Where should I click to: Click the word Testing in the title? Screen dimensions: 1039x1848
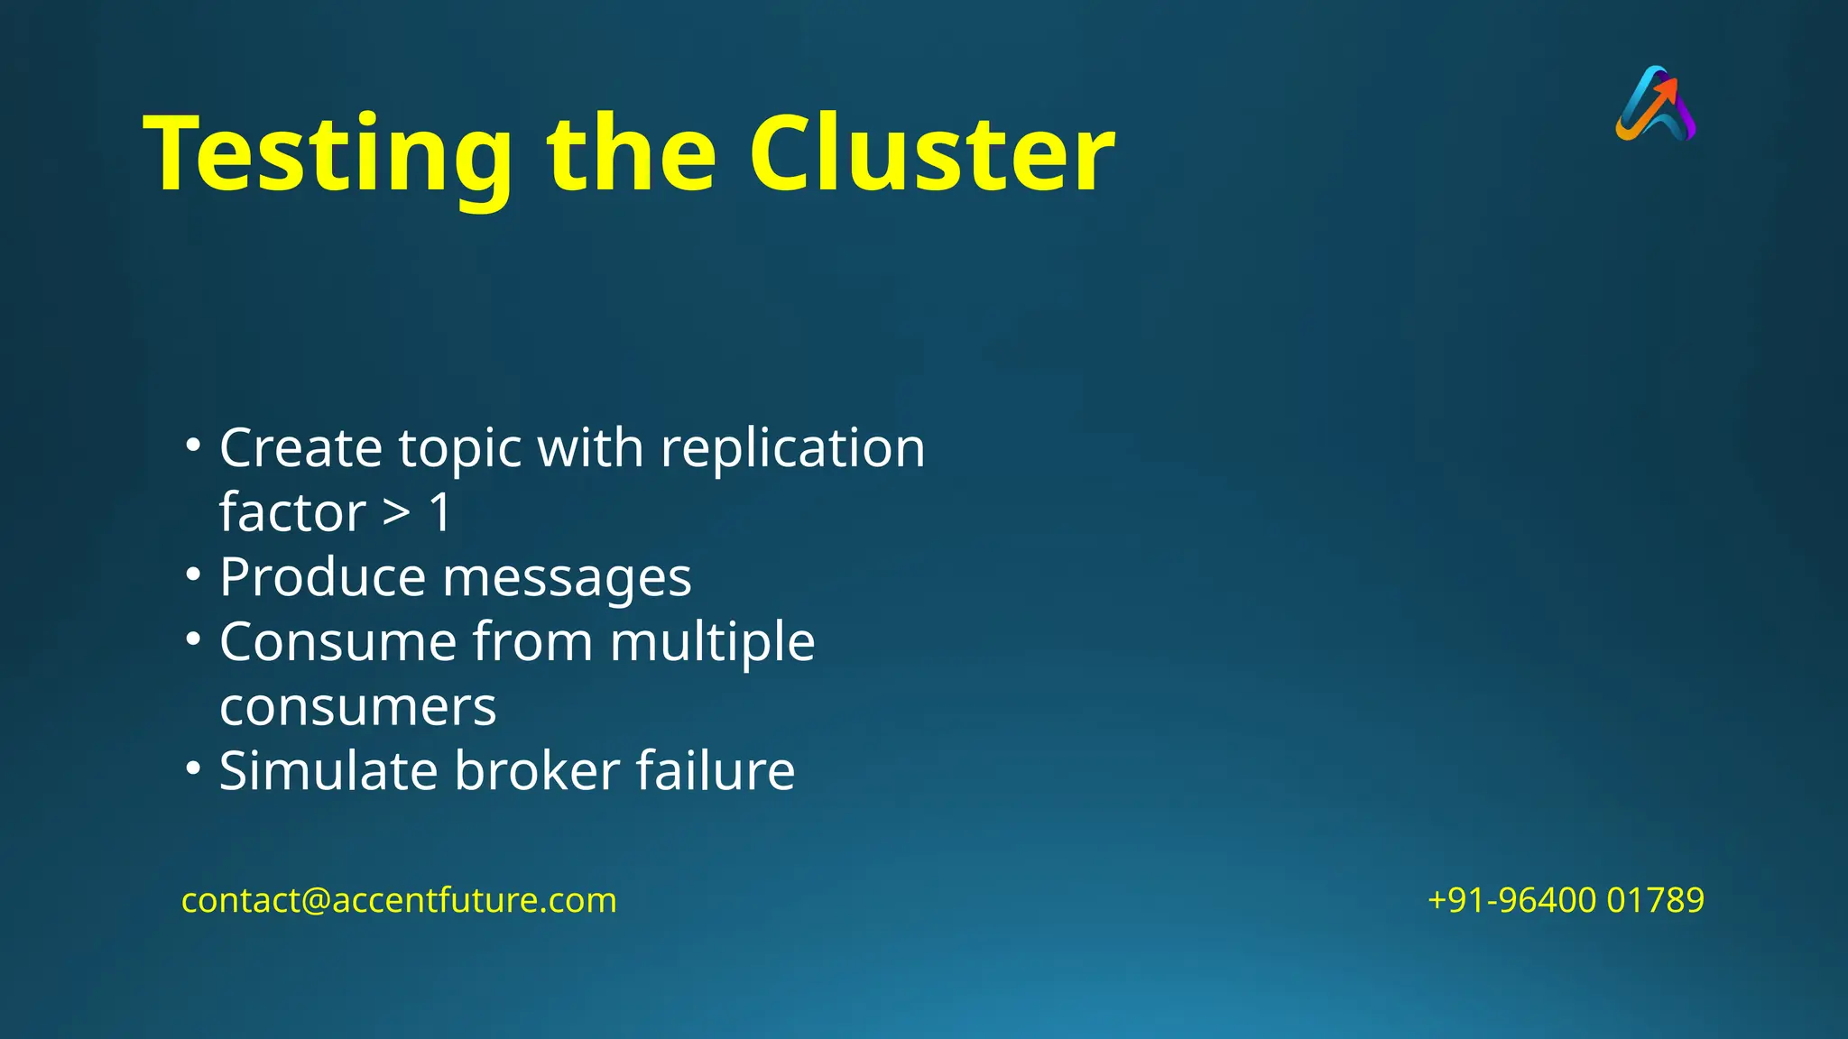click(328, 155)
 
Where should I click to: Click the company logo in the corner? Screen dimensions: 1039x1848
click(1656, 104)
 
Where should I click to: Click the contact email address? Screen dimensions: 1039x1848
click(399, 900)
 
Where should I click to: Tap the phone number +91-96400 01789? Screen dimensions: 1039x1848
click(1566, 900)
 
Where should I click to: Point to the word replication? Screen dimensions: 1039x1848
click(793, 448)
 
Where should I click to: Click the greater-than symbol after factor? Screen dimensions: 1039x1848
click(396, 513)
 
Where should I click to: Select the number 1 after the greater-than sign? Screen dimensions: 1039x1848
click(440, 513)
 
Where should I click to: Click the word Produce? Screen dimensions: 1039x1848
click(322, 577)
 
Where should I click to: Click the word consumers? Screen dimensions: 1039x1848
click(357, 708)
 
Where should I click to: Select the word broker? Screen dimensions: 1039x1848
click(537, 771)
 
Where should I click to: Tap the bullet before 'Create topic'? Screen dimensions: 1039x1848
click(192, 445)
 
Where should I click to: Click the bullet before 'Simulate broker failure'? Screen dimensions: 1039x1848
click(192, 768)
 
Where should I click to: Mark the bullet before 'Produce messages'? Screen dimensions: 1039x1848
click(192, 575)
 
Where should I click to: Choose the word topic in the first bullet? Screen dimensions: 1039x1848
click(459, 450)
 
